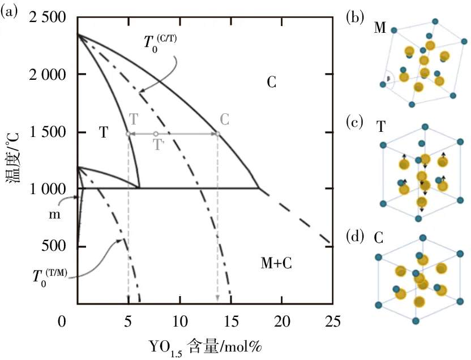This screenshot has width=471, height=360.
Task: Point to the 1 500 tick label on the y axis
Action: pos(45,132)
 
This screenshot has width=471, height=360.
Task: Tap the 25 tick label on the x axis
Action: pos(332,322)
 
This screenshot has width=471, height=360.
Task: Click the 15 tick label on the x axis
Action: pos(230,322)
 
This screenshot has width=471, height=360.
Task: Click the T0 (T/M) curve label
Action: pos(50,277)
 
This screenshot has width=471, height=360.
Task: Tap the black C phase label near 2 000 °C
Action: pos(271,83)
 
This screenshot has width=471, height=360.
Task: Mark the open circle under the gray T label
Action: pos(129,134)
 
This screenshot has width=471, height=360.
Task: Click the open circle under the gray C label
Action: pos(217,134)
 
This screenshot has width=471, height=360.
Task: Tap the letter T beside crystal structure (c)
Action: pos(382,126)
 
